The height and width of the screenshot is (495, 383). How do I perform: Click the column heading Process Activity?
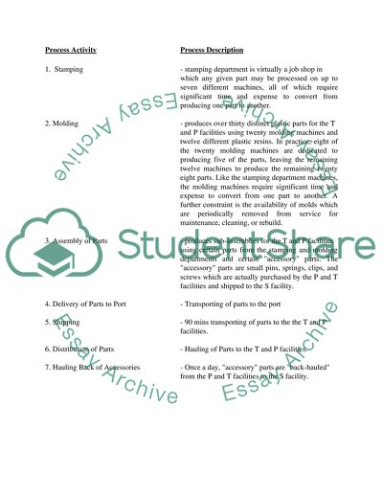(x=75, y=47)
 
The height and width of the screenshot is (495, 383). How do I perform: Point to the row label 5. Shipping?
(x=64, y=323)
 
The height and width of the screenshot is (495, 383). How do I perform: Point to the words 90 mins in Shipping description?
(x=199, y=323)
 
